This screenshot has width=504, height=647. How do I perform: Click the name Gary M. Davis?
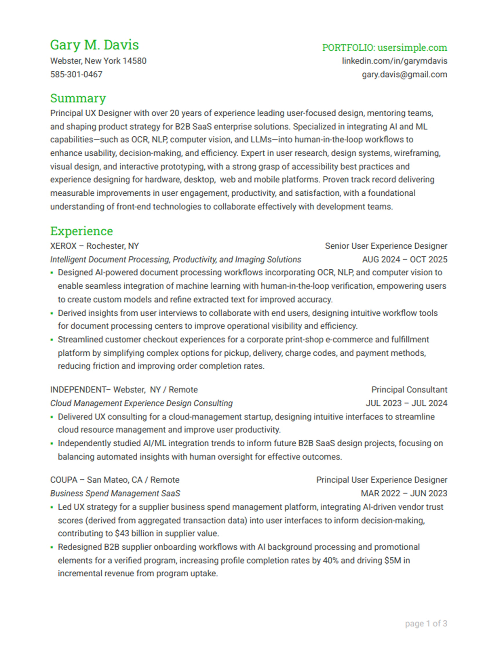pyautogui.click(x=94, y=45)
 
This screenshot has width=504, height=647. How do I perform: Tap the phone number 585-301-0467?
pyautogui.click(x=76, y=74)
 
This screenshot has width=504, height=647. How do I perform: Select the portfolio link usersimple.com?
pyautogui.click(x=412, y=48)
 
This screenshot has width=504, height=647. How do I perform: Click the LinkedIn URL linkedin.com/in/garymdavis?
pyautogui.click(x=394, y=61)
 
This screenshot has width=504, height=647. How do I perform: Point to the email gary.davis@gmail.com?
pyautogui.click(x=404, y=75)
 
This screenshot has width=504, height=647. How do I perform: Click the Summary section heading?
pyautogui.click(x=78, y=98)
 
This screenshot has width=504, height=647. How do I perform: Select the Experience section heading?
pyautogui.click(x=81, y=231)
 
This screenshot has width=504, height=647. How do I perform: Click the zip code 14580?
pyautogui.click(x=134, y=61)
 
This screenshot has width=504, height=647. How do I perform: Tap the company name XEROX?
pyautogui.click(x=63, y=246)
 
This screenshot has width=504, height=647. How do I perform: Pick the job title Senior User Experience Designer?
pyautogui.click(x=386, y=246)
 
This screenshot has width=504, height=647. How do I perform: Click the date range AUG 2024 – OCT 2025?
pyautogui.click(x=404, y=260)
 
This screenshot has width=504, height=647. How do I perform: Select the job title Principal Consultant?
pyautogui.click(x=409, y=390)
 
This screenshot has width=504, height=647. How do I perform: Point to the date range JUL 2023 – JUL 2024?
pyautogui.click(x=406, y=404)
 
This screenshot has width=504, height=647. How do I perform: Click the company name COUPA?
pyautogui.click(x=64, y=480)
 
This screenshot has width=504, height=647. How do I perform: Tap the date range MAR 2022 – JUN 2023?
pyautogui.click(x=404, y=494)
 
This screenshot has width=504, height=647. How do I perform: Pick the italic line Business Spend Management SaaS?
pyautogui.click(x=115, y=494)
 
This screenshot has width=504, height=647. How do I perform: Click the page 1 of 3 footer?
pyautogui.click(x=426, y=624)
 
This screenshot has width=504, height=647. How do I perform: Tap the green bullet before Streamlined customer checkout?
pyautogui.click(x=52, y=340)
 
